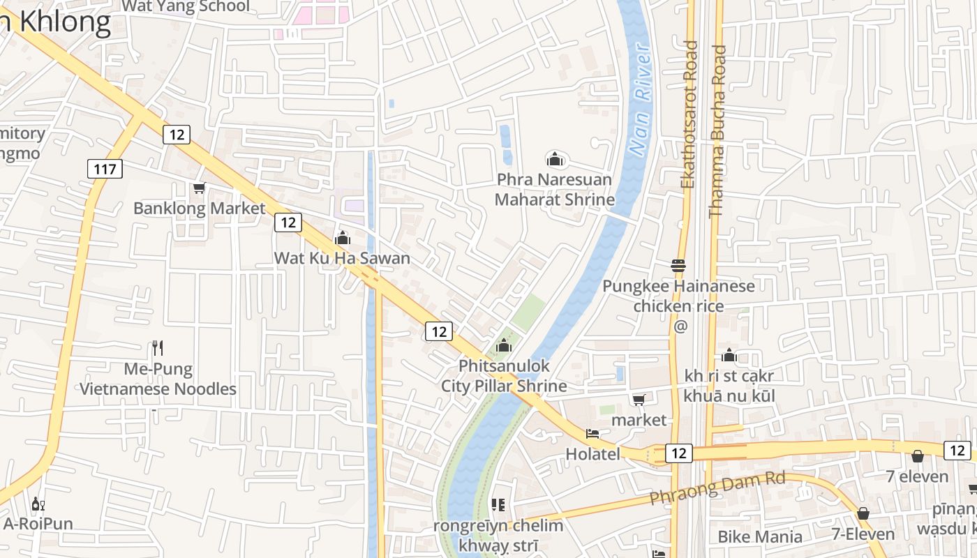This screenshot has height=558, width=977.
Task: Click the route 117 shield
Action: [105, 168]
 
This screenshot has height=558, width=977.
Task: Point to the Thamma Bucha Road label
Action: [717, 131]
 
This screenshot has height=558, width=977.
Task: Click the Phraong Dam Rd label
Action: [717, 488]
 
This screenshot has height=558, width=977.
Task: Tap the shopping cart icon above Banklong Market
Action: [199, 188]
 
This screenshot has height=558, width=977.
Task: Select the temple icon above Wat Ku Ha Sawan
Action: [342, 238]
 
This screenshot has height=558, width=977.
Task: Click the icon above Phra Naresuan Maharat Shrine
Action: [555, 159]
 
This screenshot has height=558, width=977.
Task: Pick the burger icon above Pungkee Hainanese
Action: [678, 265]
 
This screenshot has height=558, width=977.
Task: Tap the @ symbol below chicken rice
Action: [680, 326]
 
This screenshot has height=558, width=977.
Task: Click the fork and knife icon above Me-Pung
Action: [158, 347]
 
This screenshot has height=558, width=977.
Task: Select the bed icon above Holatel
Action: [592, 434]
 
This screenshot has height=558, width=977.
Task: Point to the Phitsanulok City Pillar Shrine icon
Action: [503, 345]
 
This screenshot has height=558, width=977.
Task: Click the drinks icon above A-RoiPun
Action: [38, 504]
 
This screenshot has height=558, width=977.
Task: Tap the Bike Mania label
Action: [760, 536]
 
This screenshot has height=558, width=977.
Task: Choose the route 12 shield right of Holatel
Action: [678, 453]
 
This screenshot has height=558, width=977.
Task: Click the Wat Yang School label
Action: [185, 7]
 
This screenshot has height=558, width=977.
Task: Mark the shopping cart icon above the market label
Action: [639, 400]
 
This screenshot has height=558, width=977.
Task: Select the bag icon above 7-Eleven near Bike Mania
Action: [863, 513]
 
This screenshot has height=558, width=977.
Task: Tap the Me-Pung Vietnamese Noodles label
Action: [158, 379]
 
